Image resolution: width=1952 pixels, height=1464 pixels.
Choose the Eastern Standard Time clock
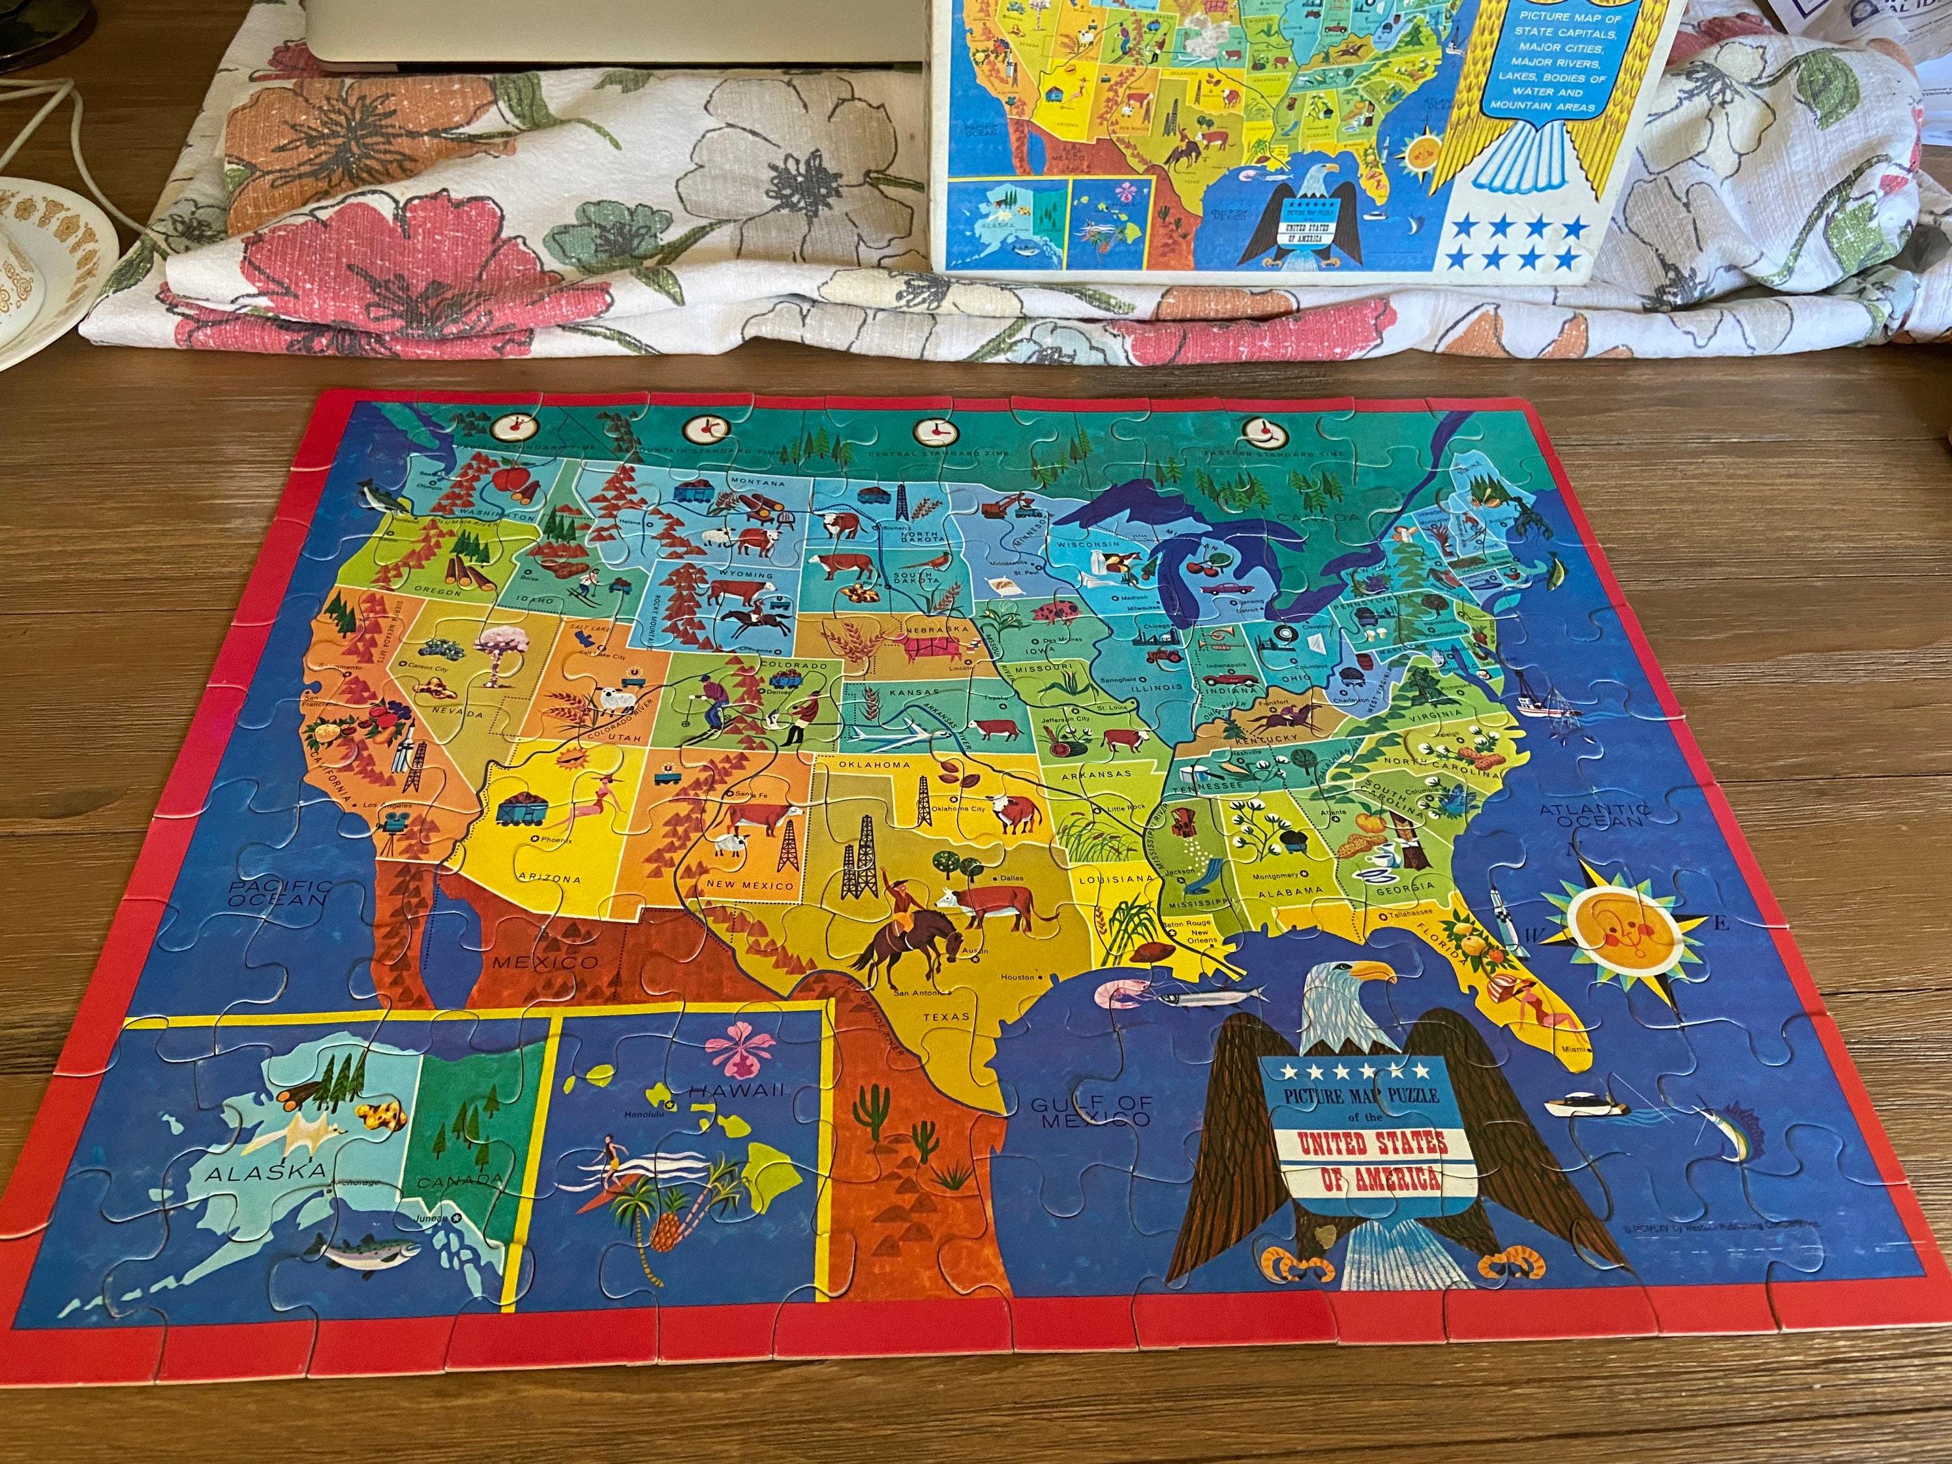(x=1264, y=431)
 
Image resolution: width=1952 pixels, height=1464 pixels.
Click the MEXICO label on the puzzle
(x=545, y=961)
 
